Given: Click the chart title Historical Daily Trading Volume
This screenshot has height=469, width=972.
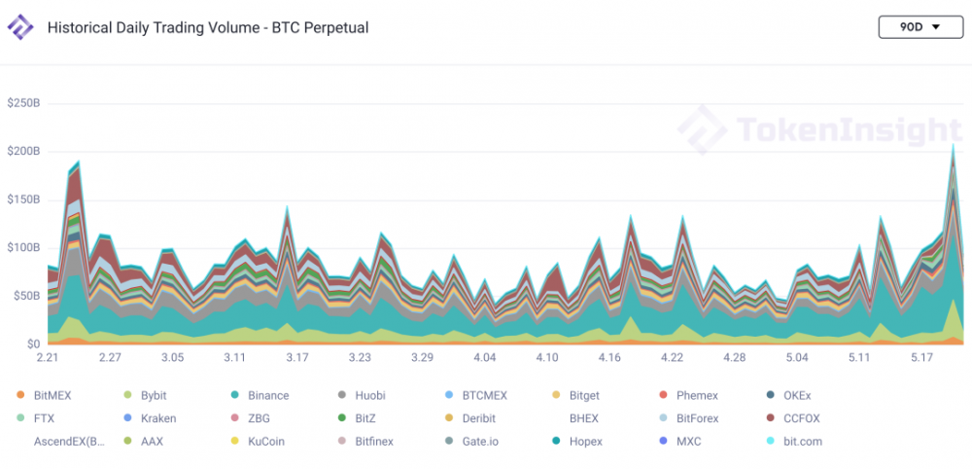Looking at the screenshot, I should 208,27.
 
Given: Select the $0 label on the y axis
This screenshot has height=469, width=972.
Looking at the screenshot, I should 32,343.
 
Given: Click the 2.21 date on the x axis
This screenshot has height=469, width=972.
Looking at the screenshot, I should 48,358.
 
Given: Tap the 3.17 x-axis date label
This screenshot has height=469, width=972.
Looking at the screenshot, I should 297,358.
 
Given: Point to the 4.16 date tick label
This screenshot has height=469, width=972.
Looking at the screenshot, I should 609,358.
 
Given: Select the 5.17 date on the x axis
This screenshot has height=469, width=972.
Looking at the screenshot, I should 920,358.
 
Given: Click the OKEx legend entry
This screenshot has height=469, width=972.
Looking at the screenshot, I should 796,395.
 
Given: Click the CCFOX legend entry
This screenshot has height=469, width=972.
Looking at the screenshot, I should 801,418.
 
